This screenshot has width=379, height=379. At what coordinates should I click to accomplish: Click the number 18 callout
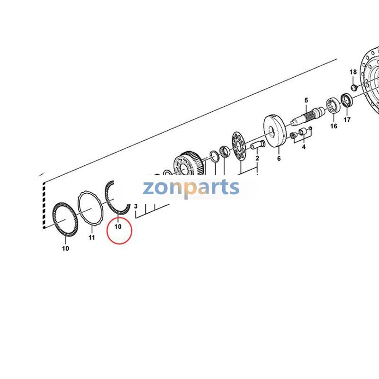[353, 72]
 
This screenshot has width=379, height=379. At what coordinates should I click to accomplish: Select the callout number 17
[347, 120]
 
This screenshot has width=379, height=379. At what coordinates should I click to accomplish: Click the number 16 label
[334, 126]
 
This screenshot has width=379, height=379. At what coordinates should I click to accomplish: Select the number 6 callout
[279, 159]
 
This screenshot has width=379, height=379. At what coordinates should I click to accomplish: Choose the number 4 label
[304, 147]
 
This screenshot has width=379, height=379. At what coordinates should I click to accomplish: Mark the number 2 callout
[257, 158]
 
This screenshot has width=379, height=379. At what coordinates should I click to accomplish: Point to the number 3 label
[136, 207]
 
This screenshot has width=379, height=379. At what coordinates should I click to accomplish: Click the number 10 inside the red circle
[118, 227]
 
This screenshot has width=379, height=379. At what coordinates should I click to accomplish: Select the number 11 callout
[92, 238]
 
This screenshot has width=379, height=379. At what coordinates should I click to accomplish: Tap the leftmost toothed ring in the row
[63, 218]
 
